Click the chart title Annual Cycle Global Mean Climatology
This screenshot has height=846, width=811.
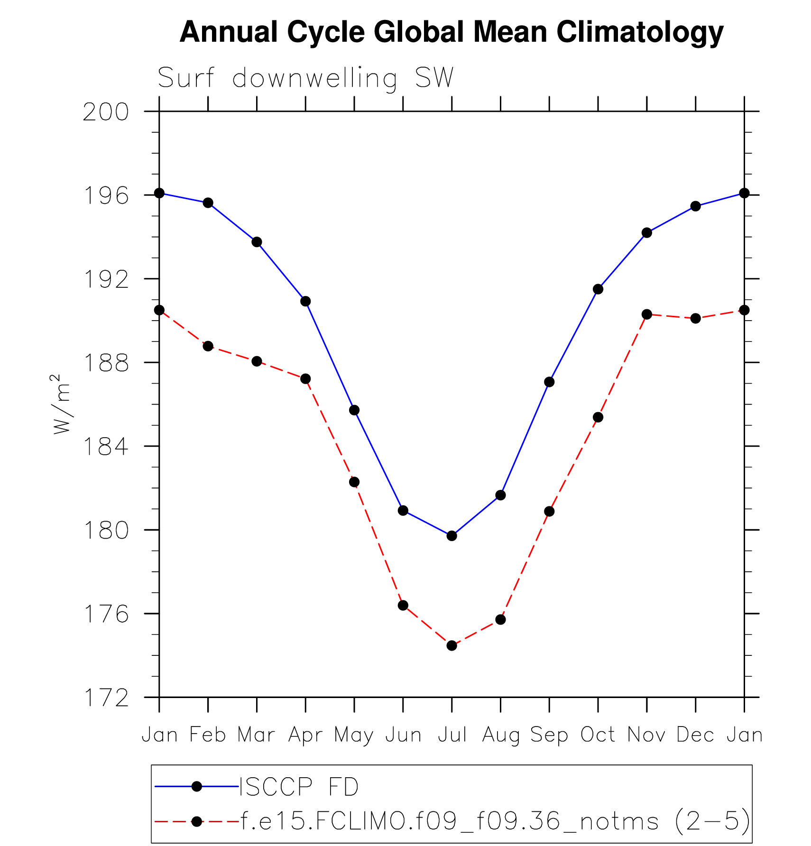[451, 32]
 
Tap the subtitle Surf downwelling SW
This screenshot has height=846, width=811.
[305, 78]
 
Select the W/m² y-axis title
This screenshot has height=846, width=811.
[62, 404]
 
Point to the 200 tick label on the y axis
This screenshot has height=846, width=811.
[106, 112]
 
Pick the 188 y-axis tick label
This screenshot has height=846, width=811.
[106, 363]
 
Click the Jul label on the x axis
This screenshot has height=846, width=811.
[452, 735]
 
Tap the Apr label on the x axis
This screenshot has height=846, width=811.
[305, 735]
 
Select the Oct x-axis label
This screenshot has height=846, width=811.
[598, 735]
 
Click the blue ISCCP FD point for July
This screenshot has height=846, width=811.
[452, 536]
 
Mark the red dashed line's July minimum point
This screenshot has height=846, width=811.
[452, 645]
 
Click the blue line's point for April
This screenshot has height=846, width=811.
[305, 301]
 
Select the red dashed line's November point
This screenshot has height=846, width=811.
[647, 314]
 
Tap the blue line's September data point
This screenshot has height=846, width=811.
[549, 382]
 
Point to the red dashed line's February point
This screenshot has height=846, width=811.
[208, 346]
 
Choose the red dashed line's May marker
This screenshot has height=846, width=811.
[354, 482]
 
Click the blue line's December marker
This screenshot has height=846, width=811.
[696, 206]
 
